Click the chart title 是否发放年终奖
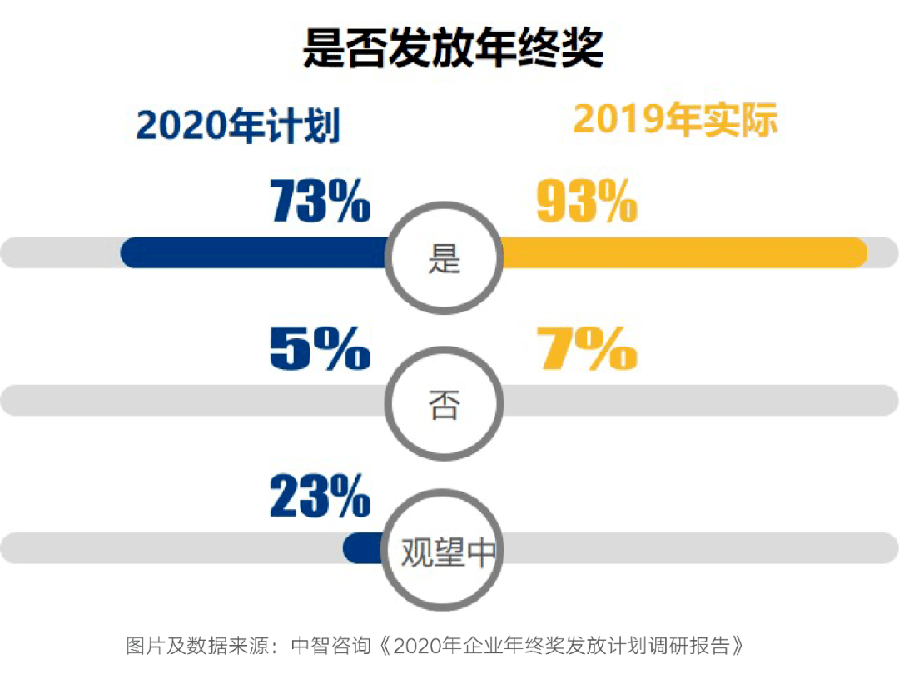click(x=452, y=47)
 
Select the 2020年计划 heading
click(x=238, y=127)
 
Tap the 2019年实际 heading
click(x=675, y=121)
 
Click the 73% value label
click(x=320, y=202)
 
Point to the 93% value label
click(x=587, y=202)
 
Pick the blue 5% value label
click(x=320, y=348)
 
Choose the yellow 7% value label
click(x=587, y=348)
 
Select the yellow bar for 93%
click(x=683, y=252)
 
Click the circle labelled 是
click(x=445, y=258)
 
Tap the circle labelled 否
click(x=445, y=406)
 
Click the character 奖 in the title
click(x=582, y=47)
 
